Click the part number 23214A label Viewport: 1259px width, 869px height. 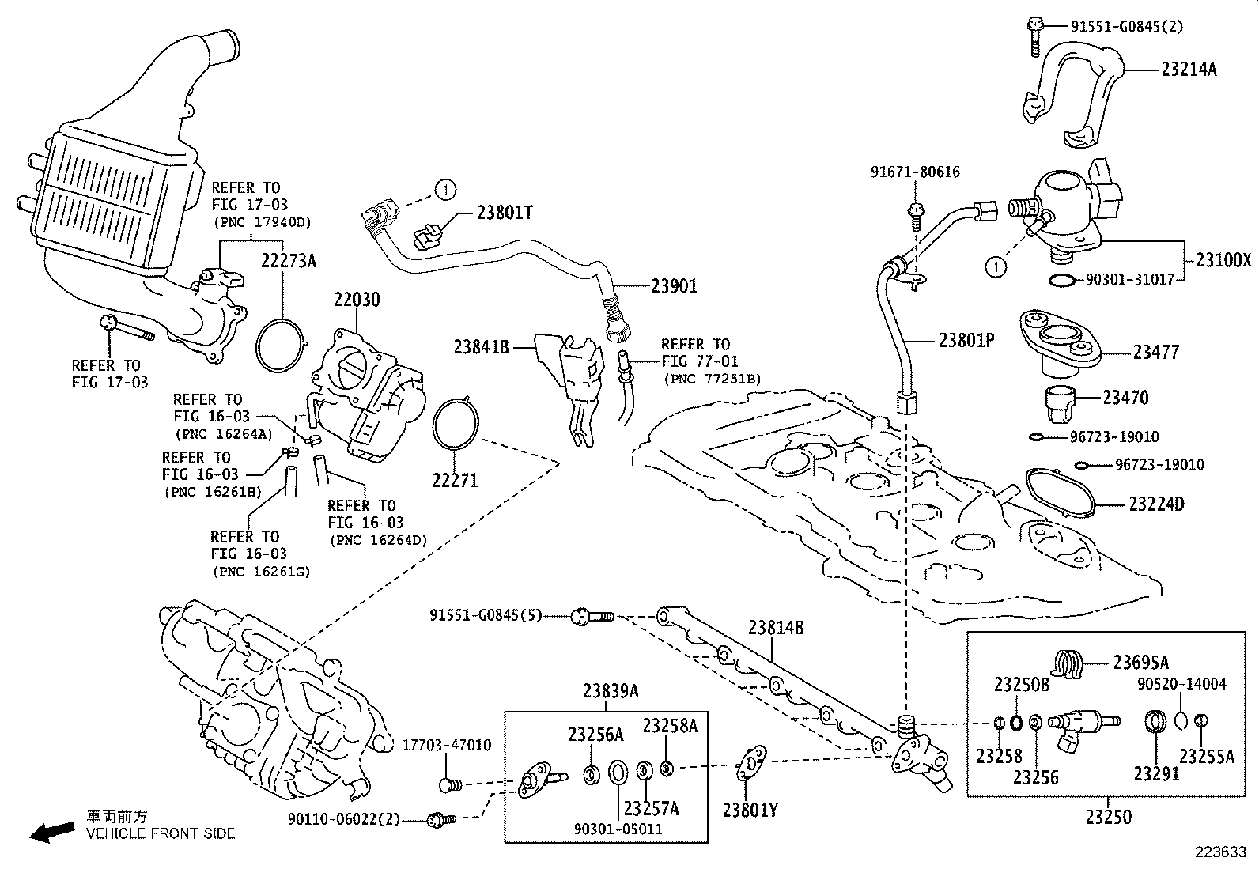[1188, 70]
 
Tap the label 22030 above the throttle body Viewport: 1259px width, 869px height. [356, 300]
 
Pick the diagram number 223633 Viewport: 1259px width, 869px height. [1219, 852]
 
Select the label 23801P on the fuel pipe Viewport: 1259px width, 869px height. [966, 340]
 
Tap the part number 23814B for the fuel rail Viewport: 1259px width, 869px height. [776, 628]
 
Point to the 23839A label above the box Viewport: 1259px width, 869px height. [611, 691]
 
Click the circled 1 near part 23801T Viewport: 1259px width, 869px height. [445, 189]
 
